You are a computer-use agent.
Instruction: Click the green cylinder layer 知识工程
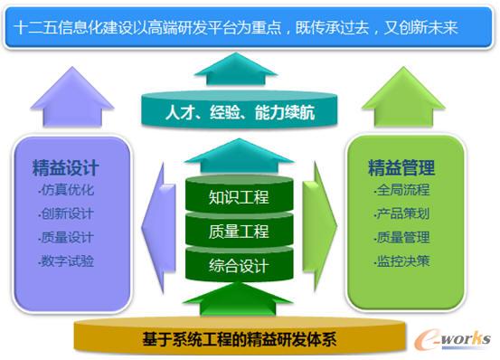[x=239, y=197]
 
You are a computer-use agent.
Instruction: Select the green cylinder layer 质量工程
[x=239, y=232]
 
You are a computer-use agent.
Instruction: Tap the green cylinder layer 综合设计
[x=239, y=266]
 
